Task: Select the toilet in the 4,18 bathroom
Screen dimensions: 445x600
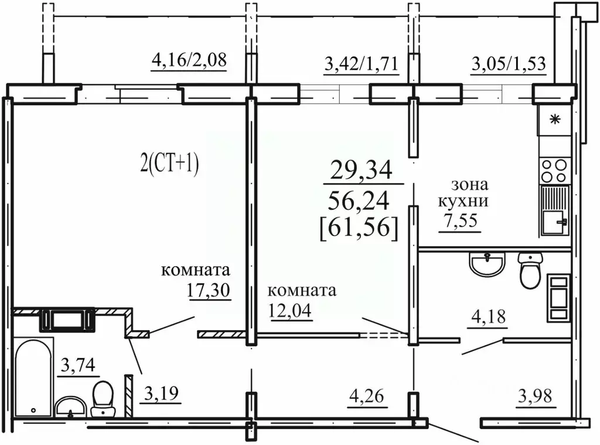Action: [531, 271]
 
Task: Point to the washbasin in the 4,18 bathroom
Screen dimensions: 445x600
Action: [487, 264]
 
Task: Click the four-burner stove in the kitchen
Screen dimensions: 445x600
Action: [554, 171]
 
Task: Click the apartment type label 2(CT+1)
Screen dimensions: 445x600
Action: [169, 164]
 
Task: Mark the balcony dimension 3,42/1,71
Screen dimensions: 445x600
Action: [362, 63]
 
